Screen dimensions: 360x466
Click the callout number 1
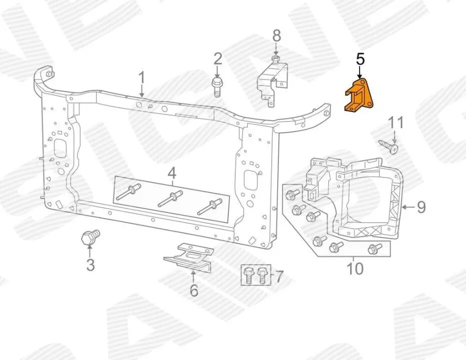141,78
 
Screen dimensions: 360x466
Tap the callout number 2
217,59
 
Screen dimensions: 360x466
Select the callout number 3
90,264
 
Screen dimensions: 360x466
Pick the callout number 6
193,290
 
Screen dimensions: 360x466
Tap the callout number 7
279,275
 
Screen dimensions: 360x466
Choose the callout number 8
276,35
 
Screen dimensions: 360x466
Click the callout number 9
421,206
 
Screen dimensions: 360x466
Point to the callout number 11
395,122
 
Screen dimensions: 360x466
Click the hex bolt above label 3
90,238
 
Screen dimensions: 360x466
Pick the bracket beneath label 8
271,80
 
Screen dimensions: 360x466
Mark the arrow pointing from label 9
407,206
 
